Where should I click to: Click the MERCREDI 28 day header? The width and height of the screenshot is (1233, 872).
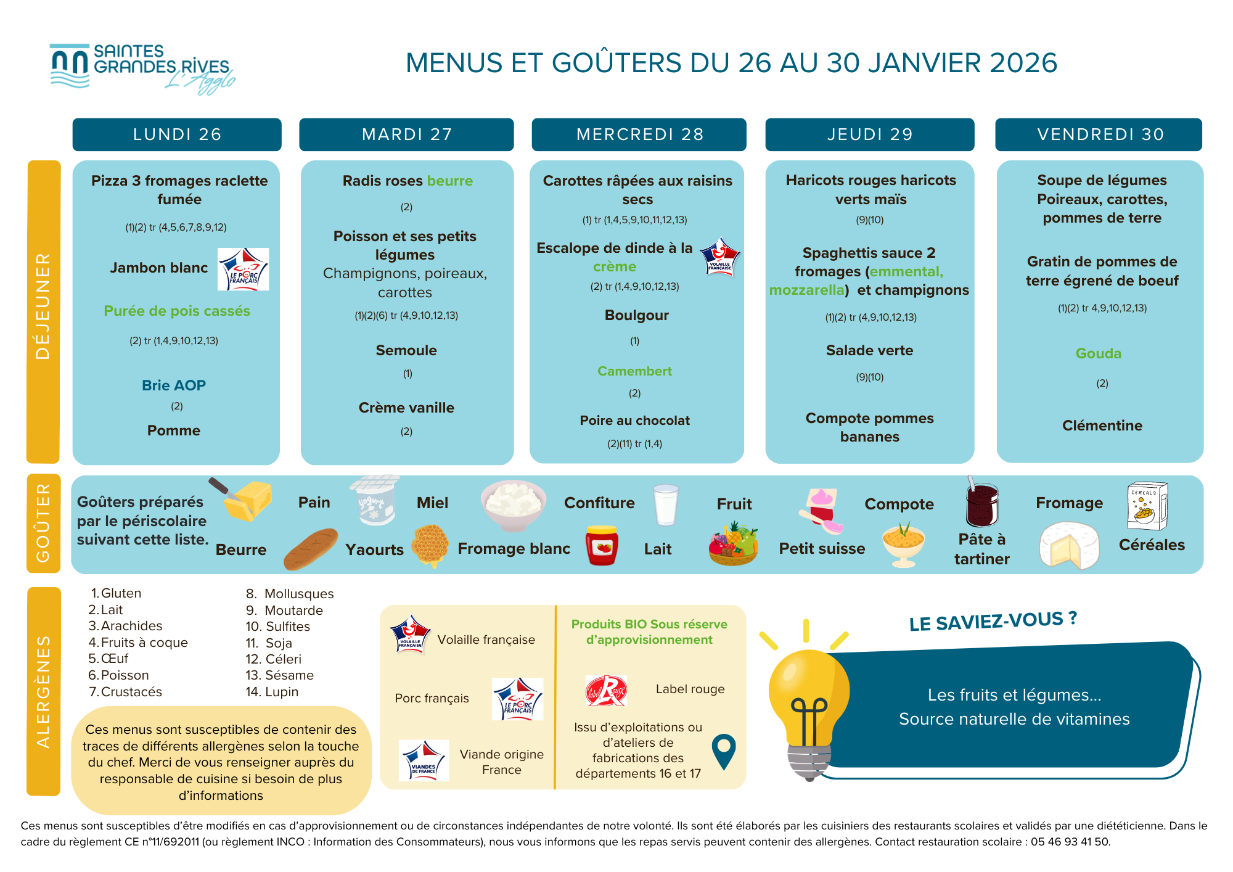[x=639, y=134]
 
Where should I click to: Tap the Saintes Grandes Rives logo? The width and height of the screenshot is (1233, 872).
[x=142, y=68]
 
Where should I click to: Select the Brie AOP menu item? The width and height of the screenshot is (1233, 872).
[x=174, y=385]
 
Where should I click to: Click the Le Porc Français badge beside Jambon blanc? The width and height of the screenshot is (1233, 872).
[x=244, y=269]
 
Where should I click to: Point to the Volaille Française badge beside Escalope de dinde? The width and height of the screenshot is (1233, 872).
[x=720, y=257]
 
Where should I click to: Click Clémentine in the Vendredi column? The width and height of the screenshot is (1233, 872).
[x=1102, y=426]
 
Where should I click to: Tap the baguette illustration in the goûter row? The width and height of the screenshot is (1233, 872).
[x=311, y=548]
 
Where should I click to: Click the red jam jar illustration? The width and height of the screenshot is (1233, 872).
[x=602, y=546]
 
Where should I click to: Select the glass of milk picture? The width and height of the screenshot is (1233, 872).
[x=666, y=505]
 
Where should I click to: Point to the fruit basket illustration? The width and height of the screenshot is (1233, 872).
[x=733, y=544]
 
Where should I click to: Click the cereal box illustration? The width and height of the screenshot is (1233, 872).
[x=1147, y=506]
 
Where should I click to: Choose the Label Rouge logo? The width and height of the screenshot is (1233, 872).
[x=606, y=691]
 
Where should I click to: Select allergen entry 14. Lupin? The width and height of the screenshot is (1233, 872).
[x=272, y=692]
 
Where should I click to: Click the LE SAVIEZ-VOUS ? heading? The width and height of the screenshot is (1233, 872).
[x=993, y=621]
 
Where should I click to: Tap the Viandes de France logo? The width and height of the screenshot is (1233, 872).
[x=424, y=761]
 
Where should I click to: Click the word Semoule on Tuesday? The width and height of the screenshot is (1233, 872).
[x=406, y=350]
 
